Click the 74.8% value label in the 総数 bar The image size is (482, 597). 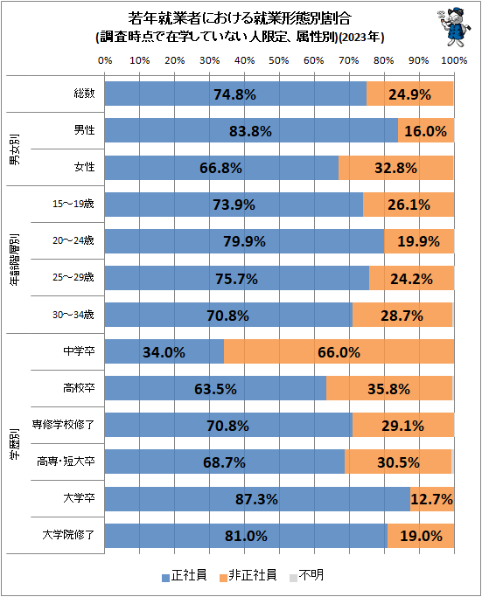pyautogui.click(x=234, y=94)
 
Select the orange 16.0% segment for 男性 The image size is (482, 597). pyautogui.click(x=426, y=130)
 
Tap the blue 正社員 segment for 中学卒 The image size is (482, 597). pyautogui.click(x=164, y=351)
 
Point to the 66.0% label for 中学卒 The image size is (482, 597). pyautogui.click(x=339, y=352)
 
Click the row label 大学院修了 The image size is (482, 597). pyautogui.click(x=68, y=535)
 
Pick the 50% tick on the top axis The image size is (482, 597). pyautogui.click(x=279, y=60)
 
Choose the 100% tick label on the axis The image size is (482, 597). pyautogui.click(x=454, y=60)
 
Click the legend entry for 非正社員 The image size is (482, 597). pyautogui.click(x=248, y=575)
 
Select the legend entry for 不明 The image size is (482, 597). pyautogui.click(x=307, y=575)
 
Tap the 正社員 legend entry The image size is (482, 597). pyautogui.click(x=185, y=575)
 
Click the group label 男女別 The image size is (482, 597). pyautogui.click(x=15, y=149)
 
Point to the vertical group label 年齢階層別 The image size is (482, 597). pyautogui.click(x=15, y=260)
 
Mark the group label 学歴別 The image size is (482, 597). pyautogui.click(x=15, y=444)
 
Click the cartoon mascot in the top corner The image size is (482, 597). pyautogui.click(x=454, y=27)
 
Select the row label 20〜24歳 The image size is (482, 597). pyautogui.click(x=73, y=240)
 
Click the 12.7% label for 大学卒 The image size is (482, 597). pyautogui.click(x=432, y=499)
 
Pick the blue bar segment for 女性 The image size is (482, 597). pyautogui.click(x=222, y=168)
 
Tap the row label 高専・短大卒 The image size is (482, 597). pyautogui.click(x=66, y=462)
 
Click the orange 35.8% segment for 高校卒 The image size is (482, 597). pyautogui.click(x=389, y=388)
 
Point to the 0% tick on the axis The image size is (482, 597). pyautogui.click(x=105, y=60)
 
